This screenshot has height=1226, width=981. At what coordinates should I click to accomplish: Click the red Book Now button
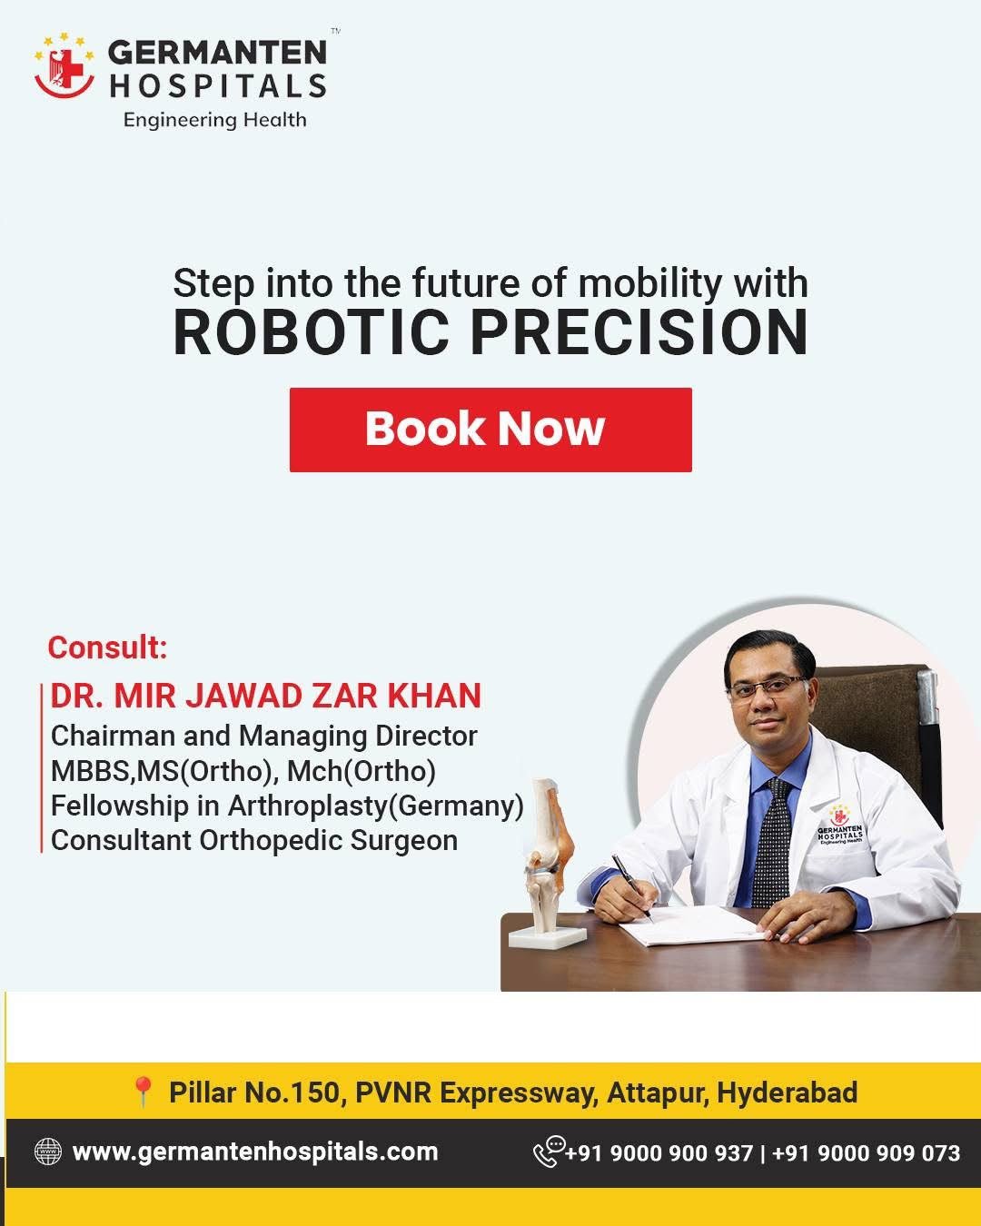pos(490,430)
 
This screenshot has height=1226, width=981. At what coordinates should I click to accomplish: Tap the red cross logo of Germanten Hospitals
pos(64,66)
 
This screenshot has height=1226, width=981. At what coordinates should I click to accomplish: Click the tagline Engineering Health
pos(215,120)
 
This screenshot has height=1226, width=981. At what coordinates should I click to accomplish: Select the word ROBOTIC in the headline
pos(312,332)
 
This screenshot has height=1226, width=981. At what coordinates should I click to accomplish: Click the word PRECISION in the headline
pos(639,332)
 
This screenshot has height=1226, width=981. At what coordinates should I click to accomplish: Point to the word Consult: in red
pos(108,648)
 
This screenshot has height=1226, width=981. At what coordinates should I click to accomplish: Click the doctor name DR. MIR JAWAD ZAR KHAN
pos(266,696)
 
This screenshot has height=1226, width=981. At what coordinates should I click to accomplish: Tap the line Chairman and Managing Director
pos(264,737)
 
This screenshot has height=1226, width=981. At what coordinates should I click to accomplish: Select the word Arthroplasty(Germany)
pos(376,806)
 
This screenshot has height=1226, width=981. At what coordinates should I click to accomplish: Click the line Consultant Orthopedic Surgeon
pos(254,840)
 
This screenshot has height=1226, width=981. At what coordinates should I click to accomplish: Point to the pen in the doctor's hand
pos(632,887)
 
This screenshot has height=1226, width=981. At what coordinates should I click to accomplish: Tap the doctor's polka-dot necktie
pos(771,844)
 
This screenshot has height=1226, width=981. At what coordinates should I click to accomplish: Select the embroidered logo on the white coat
pos(839,825)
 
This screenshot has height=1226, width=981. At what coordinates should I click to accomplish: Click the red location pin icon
pos(143,1093)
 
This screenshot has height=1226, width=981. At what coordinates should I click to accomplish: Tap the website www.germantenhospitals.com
pos(255,1152)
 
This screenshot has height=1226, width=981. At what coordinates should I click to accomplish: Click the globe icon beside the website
pos(48,1152)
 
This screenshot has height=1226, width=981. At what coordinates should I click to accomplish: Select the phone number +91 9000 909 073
pos(866,1153)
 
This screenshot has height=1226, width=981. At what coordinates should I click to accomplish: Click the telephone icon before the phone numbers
pos(549,1151)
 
